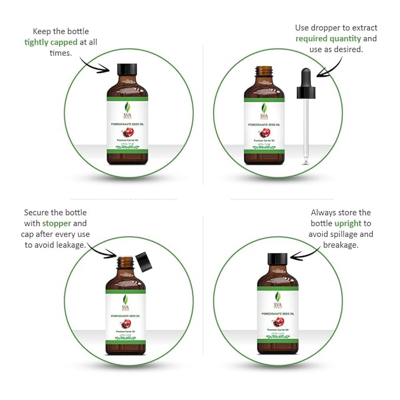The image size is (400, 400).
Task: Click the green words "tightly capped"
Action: (52, 42)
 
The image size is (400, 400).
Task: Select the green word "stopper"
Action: (57, 223)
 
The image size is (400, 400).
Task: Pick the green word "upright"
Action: (348, 223)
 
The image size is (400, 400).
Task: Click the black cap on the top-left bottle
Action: (127, 68)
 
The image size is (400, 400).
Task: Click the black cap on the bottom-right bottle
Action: (277, 259)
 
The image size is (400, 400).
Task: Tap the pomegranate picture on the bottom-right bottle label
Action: (277, 322)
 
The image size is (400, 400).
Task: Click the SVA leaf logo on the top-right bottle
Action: (263, 110)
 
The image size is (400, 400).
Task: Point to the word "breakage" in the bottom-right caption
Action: (341, 244)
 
